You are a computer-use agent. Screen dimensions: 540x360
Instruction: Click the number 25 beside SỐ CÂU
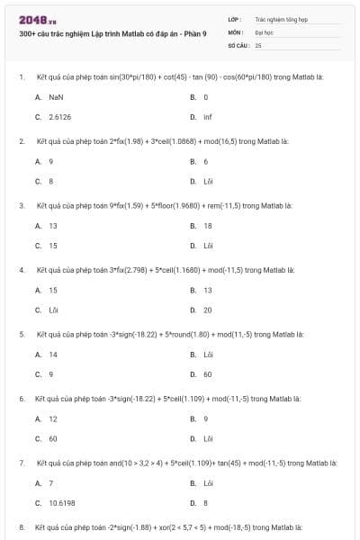258,44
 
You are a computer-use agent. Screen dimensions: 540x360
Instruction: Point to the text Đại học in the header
264,31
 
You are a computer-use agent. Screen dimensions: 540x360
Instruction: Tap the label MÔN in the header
236,31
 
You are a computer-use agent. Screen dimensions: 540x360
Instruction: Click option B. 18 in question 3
208,225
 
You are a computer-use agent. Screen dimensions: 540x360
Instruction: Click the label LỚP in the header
235,18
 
